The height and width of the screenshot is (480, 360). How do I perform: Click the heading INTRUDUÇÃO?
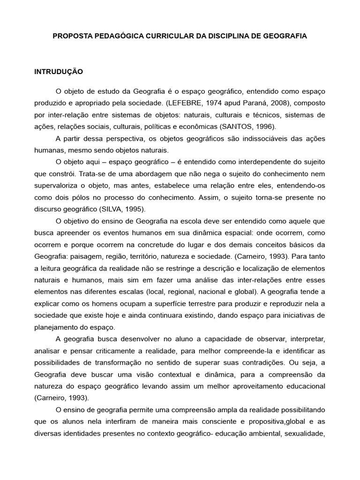[x=59, y=72]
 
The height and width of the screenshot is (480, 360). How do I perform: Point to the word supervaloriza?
[x=57, y=186]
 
